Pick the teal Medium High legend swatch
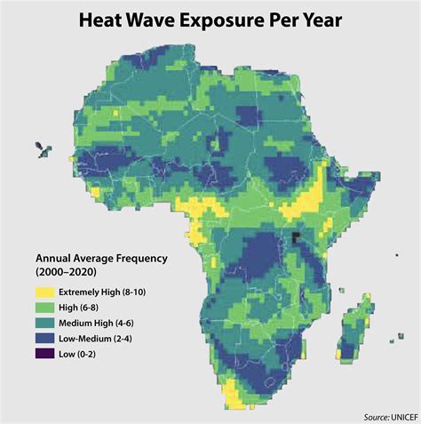(44, 324)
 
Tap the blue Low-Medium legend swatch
(44, 340)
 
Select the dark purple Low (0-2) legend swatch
(44, 356)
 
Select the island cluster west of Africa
(42, 148)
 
